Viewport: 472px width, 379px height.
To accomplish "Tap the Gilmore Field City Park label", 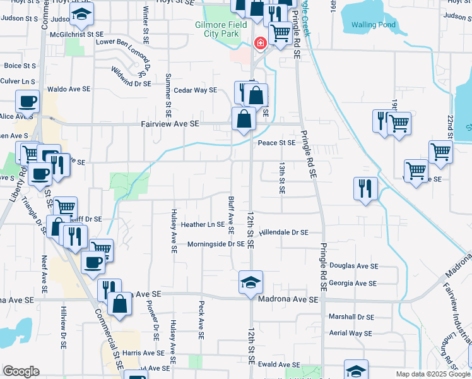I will [220, 29].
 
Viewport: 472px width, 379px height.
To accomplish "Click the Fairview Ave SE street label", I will [170, 124].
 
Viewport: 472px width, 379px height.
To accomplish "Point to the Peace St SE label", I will [276, 143].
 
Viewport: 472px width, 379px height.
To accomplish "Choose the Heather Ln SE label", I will [203, 224].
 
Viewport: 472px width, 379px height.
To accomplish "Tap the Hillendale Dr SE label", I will [283, 232].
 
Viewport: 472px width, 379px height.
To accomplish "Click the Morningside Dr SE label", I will [216, 244].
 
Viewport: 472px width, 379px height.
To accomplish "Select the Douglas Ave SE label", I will [353, 267].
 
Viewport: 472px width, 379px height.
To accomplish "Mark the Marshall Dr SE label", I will [351, 317].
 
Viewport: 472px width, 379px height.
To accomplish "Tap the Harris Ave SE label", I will [144, 353].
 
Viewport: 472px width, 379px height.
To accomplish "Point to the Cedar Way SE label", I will [196, 90].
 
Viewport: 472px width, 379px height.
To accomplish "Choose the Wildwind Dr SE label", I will [131, 77].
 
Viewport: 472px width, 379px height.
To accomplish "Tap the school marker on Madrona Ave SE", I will [251, 282].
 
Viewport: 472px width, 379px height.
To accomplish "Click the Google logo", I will [21, 371].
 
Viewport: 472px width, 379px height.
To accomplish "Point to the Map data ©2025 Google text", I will [433, 374].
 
